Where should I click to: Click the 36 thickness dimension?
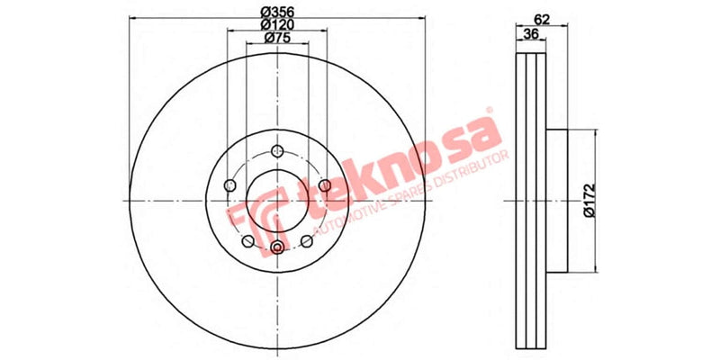click(531, 34)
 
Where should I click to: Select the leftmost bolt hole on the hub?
click(229, 185)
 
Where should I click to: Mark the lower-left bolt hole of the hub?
click(247, 241)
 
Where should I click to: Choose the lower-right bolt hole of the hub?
click(307, 241)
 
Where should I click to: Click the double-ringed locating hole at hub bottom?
click(277, 247)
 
